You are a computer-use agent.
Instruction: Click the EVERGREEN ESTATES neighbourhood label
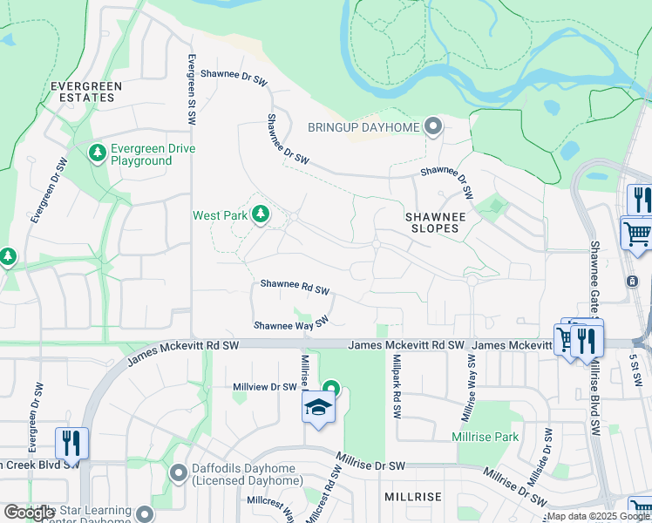click(x=85, y=92)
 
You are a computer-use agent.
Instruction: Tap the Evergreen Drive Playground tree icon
click(x=98, y=154)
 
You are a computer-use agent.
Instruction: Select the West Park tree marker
click(x=260, y=214)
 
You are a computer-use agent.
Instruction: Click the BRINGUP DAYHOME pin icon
click(x=433, y=128)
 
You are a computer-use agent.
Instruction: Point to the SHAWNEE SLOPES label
click(x=431, y=221)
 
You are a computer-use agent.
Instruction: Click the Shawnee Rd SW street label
click(x=295, y=286)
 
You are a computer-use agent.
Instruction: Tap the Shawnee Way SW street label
click(x=290, y=323)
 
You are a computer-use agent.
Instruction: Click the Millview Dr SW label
click(x=265, y=386)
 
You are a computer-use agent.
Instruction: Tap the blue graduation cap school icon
click(x=318, y=407)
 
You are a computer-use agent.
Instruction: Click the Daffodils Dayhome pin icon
click(x=179, y=474)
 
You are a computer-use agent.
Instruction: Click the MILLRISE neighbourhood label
click(x=413, y=497)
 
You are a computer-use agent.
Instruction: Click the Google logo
click(x=30, y=513)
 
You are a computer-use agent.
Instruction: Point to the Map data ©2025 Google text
click(x=597, y=517)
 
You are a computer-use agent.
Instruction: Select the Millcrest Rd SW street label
click(x=332, y=492)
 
